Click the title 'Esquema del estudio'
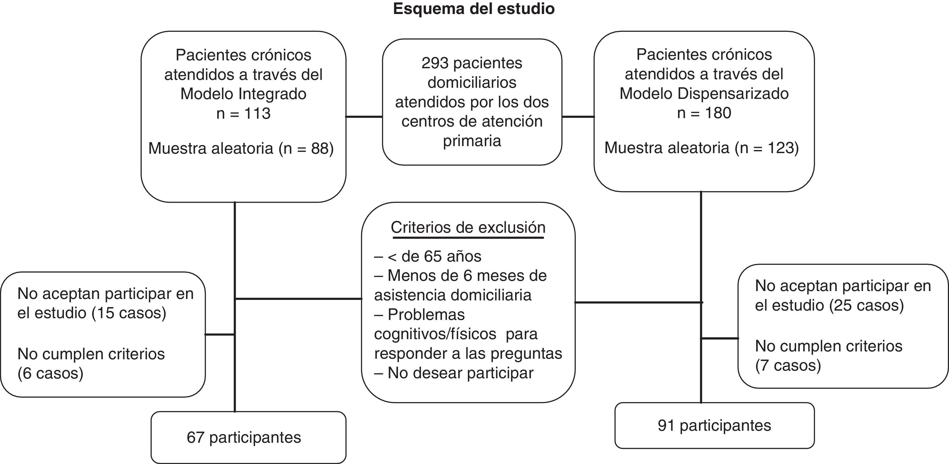pos(474,9)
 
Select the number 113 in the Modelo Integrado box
pos(257,113)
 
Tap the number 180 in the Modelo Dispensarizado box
pos(718,113)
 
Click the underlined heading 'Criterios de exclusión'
pos(468,227)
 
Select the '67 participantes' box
pos(248,437)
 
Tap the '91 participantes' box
pos(714,425)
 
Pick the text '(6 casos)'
pos(50,373)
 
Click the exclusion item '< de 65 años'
pos(434,256)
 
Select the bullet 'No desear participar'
pos(460,373)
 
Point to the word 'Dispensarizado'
pos(733,94)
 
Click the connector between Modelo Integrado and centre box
pos(364,117)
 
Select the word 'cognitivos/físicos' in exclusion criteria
pos(435,334)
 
